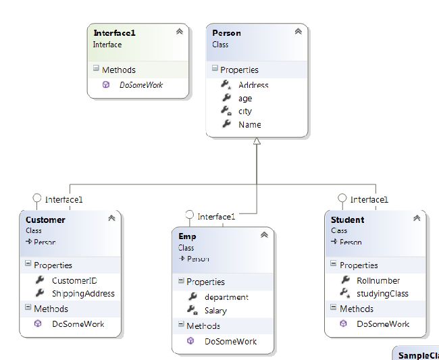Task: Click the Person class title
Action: pos(226,33)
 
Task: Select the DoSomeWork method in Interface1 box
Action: pos(141,85)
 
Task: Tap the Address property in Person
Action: pos(253,85)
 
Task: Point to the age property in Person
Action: pos(245,99)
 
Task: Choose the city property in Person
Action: pos(245,111)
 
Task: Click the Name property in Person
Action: pos(249,124)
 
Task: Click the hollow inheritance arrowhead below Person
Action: pos(257,141)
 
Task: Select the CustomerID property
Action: pos(75,280)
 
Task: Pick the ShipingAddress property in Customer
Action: pos(83,294)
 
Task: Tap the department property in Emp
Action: pos(226,297)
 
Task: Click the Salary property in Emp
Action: pos(215,311)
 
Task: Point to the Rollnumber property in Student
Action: pos(378,280)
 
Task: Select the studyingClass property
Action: pos(382,294)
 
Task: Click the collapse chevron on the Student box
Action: pos(417,217)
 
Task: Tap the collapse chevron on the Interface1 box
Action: pos(179,31)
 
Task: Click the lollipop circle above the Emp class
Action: pos(189,215)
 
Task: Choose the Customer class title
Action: pos(45,220)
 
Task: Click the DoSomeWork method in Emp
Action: pos(230,342)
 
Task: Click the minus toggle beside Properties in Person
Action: pos(214,69)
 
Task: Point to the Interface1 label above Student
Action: pos(369,199)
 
